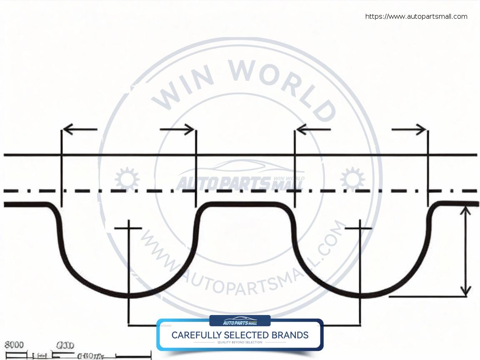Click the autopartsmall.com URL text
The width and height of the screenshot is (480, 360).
point(416,17)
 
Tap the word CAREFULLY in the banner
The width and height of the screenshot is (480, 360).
point(196,335)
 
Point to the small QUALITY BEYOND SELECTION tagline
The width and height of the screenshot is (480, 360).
point(240,342)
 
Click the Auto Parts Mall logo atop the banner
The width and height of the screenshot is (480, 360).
point(240,321)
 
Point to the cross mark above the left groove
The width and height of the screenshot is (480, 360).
point(128,228)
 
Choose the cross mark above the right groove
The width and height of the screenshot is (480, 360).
point(360,228)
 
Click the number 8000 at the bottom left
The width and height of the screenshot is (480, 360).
point(14,345)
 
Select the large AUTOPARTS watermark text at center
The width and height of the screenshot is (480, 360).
point(223,184)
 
